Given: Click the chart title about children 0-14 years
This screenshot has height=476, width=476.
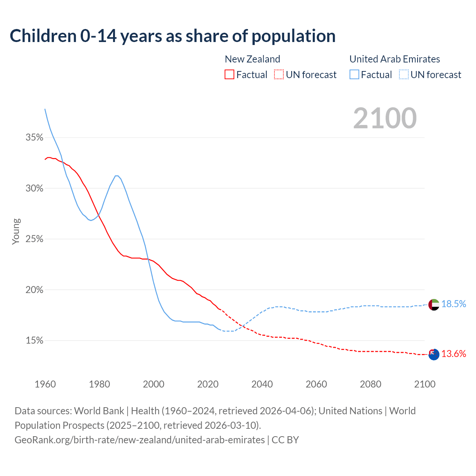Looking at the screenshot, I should click(x=173, y=36).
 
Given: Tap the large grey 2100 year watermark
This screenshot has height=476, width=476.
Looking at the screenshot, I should click(x=385, y=118).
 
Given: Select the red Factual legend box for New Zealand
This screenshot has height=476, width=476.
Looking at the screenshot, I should click(x=229, y=75).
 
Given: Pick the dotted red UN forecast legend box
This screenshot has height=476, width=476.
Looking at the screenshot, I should click(x=279, y=75).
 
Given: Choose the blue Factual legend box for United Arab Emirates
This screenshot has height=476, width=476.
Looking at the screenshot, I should click(x=354, y=75).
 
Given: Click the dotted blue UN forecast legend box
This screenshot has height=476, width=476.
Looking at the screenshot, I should click(x=404, y=75).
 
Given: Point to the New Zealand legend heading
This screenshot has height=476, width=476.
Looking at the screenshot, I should click(x=252, y=59).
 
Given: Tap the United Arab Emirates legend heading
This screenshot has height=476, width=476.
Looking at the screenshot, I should click(x=395, y=59).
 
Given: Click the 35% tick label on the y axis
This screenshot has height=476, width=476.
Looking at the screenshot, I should click(x=34, y=138).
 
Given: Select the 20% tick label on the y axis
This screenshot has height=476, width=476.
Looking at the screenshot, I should click(x=34, y=290).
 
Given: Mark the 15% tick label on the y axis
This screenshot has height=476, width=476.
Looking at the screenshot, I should click(x=34, y=341).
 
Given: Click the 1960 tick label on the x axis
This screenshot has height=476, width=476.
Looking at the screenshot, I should click(x=45, y=384).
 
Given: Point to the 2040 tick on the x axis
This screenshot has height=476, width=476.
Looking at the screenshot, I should click(x=262, y=384).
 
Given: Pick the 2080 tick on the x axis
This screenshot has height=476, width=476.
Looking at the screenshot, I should click(x=370, y=384).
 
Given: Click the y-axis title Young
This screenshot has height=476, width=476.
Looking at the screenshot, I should click(x=16, y=231).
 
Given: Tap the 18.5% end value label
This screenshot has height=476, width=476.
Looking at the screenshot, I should click(x=454, y=304).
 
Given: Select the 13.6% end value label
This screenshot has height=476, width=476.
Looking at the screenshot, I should click(x=454, y=354).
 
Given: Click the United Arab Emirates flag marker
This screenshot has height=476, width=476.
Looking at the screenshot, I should click(x=434, y=305).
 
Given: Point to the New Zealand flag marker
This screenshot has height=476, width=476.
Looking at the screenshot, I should click(x=434, y=354).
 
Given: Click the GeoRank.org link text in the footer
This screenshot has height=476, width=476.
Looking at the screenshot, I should click(x=139, y=440).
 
